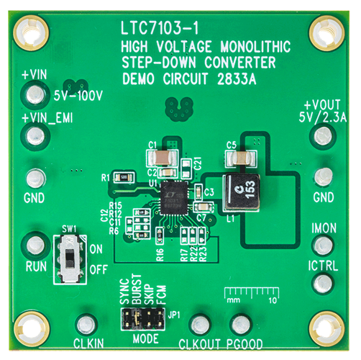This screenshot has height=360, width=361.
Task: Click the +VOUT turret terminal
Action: [324, 134]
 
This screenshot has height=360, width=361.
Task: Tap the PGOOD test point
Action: [244, 325]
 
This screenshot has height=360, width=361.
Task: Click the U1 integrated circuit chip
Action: [174, 195]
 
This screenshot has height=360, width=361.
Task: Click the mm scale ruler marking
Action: [249, 295]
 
